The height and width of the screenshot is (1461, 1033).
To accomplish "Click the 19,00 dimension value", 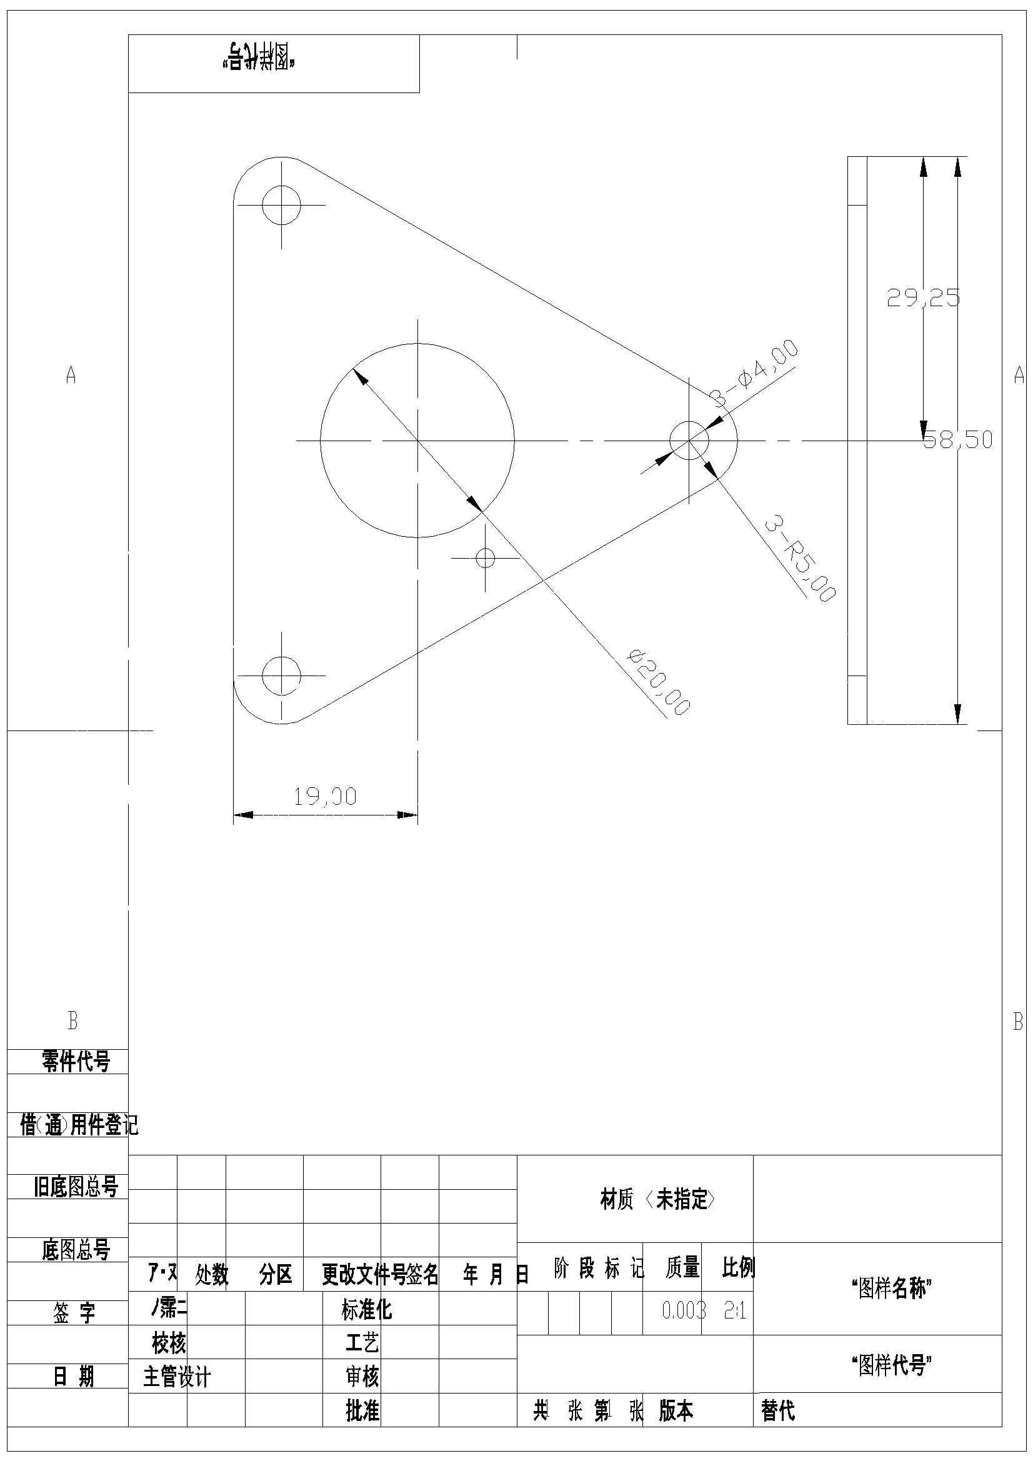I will coord(324,796).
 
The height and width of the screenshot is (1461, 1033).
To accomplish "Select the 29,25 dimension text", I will coord(923,298).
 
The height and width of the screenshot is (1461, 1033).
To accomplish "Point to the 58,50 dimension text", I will coord(958,440).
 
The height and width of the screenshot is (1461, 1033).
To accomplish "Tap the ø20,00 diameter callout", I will coord(659,682).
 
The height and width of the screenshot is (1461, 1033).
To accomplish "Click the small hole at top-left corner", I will coord(281,205).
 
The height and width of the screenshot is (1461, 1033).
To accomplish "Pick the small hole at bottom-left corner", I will coord(281,675).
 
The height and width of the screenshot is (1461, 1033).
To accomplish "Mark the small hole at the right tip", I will coord(689,440).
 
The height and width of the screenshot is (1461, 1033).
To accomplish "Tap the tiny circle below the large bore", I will coord(486,558).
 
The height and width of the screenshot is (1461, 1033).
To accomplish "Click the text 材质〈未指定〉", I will coord(657,1199).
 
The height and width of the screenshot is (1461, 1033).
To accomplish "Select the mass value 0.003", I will coord(684,1310).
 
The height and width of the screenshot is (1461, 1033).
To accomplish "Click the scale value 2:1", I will coord(734,1310).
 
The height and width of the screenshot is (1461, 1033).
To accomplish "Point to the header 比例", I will coord(738,1268).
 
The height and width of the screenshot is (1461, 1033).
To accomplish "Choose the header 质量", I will coord(682,1268).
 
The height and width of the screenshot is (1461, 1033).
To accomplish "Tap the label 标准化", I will coord(367,1310).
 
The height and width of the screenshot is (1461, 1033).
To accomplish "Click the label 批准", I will coord(362,1412).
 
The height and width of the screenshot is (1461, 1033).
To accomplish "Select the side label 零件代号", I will coord(76,1062).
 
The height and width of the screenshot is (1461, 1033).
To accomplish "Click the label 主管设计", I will coord(177,1377).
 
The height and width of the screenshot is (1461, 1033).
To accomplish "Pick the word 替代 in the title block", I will coord(778,1412).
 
